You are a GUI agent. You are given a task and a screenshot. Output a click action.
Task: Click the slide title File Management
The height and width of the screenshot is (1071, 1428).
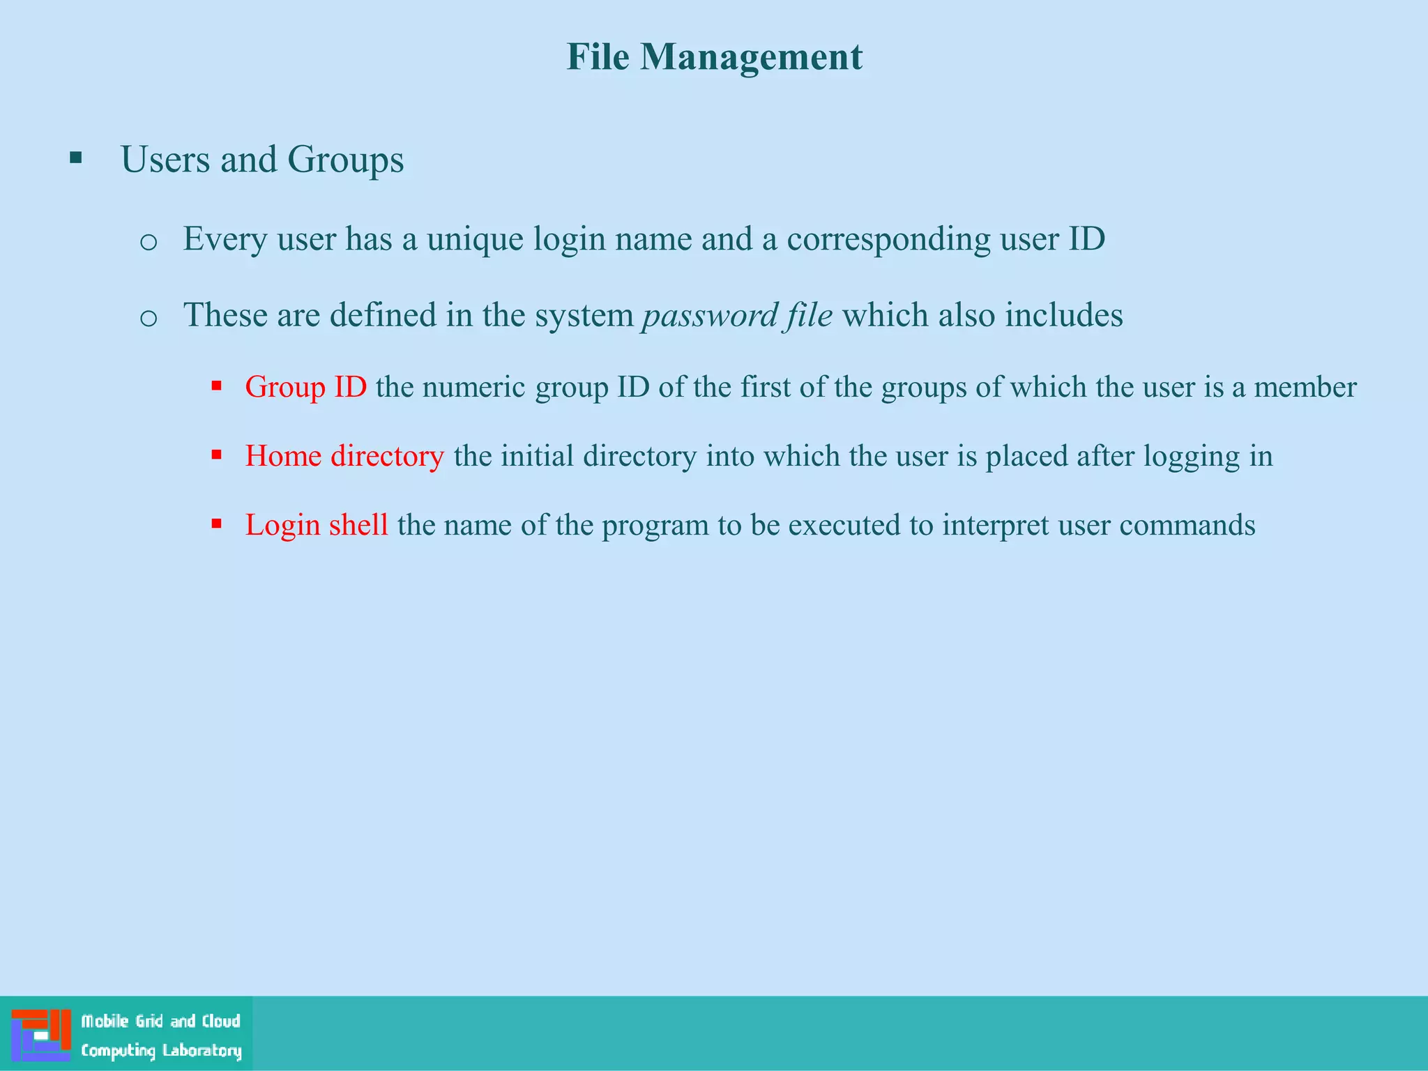[714, 57]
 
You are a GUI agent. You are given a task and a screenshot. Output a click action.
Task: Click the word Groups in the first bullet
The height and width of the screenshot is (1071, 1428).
[345, 160]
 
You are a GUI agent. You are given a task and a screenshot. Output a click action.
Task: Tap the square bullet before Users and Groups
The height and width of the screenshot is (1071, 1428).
[76, 158]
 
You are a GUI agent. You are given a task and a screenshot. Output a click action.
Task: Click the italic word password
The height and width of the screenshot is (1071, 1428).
[709, 316]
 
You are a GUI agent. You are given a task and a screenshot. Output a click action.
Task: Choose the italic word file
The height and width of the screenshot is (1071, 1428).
[809, 315]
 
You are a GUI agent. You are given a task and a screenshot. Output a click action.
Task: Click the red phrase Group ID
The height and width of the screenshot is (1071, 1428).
[305, 387]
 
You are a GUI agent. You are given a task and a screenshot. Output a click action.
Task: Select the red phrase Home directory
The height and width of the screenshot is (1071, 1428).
[344, 456]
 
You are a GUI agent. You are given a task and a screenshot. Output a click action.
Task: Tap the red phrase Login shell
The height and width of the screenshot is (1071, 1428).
[317, 525]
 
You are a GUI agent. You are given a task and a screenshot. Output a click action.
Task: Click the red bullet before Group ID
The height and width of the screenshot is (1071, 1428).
[217, 386]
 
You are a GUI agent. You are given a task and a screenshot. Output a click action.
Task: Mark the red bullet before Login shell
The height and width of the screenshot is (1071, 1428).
[217, 524]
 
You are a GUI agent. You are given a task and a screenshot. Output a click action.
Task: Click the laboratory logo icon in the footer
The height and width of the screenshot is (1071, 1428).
[41, 1035]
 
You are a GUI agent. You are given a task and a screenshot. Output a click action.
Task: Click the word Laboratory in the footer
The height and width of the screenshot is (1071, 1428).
[202, 1051]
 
